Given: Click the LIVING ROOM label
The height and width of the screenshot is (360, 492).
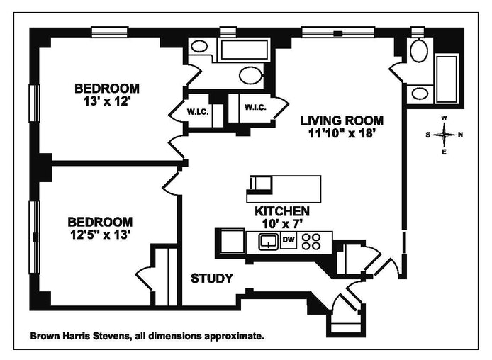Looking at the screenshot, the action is (341, 120).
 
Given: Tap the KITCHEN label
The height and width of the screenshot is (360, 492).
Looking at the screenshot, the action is (281, 211).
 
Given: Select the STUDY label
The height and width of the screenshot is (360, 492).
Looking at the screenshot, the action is (211, 279).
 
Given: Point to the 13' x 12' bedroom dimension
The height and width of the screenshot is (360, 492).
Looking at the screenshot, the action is (107, 101).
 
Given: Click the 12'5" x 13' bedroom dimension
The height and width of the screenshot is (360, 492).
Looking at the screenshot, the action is (99, 234).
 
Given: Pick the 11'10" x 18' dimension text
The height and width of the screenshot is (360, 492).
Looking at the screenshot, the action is (341, 132).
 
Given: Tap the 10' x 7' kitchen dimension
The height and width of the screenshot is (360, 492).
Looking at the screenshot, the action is (281, 224).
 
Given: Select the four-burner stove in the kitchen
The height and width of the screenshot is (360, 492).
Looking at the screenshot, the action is (311, 241).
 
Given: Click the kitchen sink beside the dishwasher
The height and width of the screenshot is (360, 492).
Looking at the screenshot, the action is (268, 242).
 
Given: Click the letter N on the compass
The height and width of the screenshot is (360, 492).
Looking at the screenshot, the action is (460, 135).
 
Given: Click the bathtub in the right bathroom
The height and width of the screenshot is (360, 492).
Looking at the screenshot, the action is (447, 78).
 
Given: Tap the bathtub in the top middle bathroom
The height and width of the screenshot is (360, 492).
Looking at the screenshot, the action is (240, 50).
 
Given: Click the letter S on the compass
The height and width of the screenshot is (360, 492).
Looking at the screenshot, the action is (428, 135).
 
